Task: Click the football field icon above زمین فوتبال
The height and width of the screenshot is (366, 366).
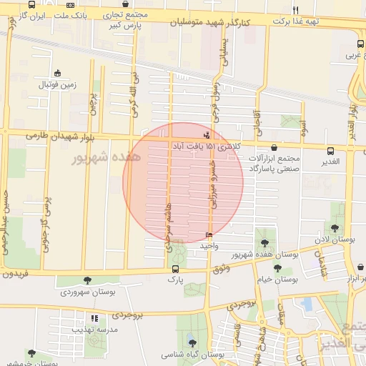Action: pyautogui.click(x=57, y=73)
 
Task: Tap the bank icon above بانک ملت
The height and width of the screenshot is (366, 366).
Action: pyautogui.click(x=70, y=5)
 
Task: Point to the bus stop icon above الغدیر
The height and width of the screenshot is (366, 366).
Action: pyautogui.click(x=330, y=151)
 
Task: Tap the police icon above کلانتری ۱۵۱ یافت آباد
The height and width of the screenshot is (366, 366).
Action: pyautogui.click(x=207, y=134)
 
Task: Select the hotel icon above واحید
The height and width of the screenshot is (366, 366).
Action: pyautogui.click(x=209, y=235)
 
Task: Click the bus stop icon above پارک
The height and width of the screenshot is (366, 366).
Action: pyautogui.click(x=176, y=269)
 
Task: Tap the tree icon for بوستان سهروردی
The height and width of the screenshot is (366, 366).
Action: pyautogui.click(x=88, y=281)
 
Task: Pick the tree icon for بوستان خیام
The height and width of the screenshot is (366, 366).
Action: pyautogui.click(x=277, y=269)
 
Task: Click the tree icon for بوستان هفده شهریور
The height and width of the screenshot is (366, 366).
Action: pyautogui.click(x=265, y=243)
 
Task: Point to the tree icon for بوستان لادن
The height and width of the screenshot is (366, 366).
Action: pyautogui.click(x=335, y=228)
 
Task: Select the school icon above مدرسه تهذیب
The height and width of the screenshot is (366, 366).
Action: pyautogui.click(x=93, y=318)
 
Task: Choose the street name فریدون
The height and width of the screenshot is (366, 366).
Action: pyautogui.click(x=15, y=273)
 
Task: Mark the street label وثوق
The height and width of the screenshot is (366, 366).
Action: pyautogui.click(x=221, y=267)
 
